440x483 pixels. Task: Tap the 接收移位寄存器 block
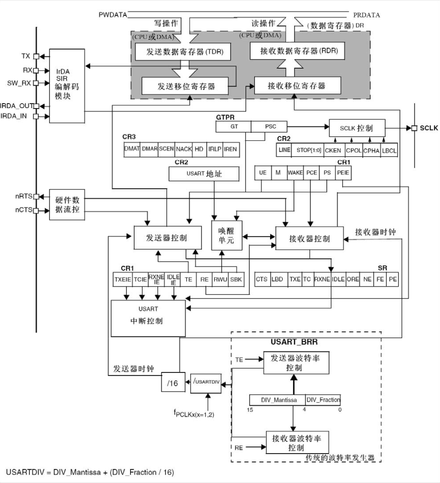[297, 85]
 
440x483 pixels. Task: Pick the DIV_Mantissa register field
[277, 399]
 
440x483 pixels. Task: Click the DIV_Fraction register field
[323, 399]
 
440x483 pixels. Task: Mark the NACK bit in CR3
[184, 149]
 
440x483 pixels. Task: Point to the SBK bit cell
[236, 280]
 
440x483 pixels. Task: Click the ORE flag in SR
[353, 279]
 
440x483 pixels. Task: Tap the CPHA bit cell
[371, 149]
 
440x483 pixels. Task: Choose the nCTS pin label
[23, 210]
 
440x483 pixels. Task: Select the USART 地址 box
[204, 174]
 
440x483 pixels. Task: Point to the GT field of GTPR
[233, 126]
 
